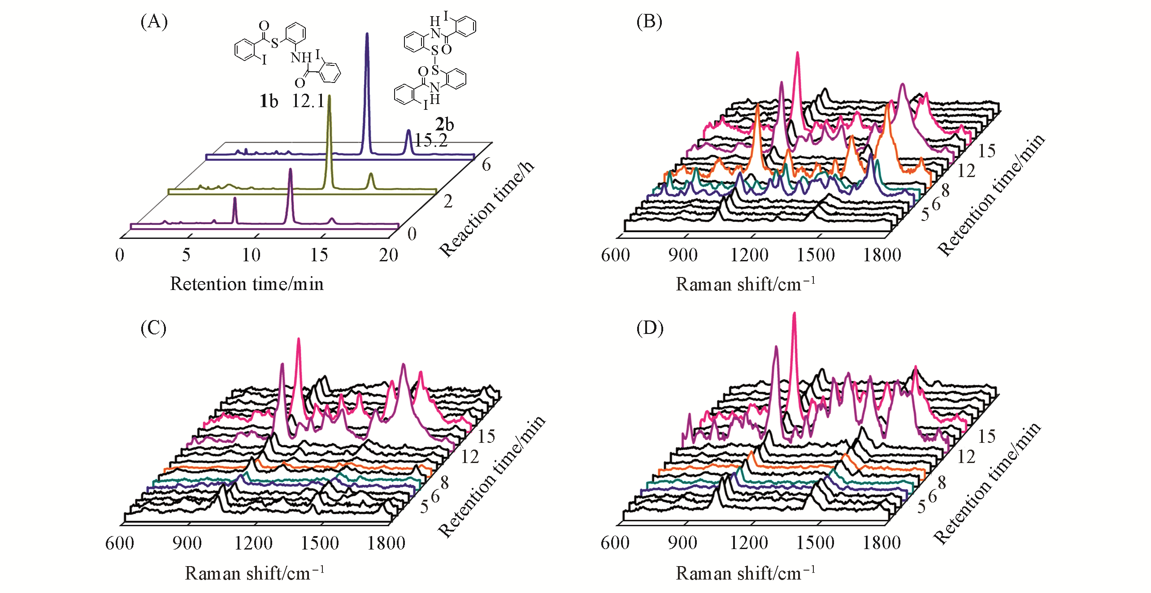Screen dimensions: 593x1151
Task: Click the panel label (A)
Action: pyautogui.click(x=154, y=22)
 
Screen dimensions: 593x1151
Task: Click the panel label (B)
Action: pyautogui.click(x=649, y=22)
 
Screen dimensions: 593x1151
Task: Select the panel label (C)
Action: pyautogui.click(x=153, y=328)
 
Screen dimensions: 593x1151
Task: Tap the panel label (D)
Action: pyautogui.click(x=650, y=328)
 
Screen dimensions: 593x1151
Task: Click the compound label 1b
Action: pyautogui.click(x=269, y=102)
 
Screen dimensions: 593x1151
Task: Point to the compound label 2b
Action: pyautogui.click(x=444, y=124)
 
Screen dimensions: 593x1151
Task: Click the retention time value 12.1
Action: pyautogui.click(x=308, y=102)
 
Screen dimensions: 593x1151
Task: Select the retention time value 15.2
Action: pyautogui.click(x=431, y=141)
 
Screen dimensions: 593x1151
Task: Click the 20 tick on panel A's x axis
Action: pyautogui.click(x=388, y=255)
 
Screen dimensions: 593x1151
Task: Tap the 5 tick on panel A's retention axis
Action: pyautogui.click(x=186, y=255)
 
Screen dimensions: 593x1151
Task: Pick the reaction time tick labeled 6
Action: pyautogui.click(x=486, y=165)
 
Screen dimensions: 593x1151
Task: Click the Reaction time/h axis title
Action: pyautogui.click(x=486, y=209)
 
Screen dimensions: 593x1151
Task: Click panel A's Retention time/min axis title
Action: pyautogui.click(x=247, y=284)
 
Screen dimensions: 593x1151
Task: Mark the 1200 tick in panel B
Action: pyautogui.click(x=749, y=255)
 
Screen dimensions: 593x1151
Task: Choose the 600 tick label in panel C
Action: pyautogui.click(x=119, y=544)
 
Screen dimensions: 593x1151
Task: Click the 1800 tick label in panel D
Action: pyautogui.click(x=882, y=543)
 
